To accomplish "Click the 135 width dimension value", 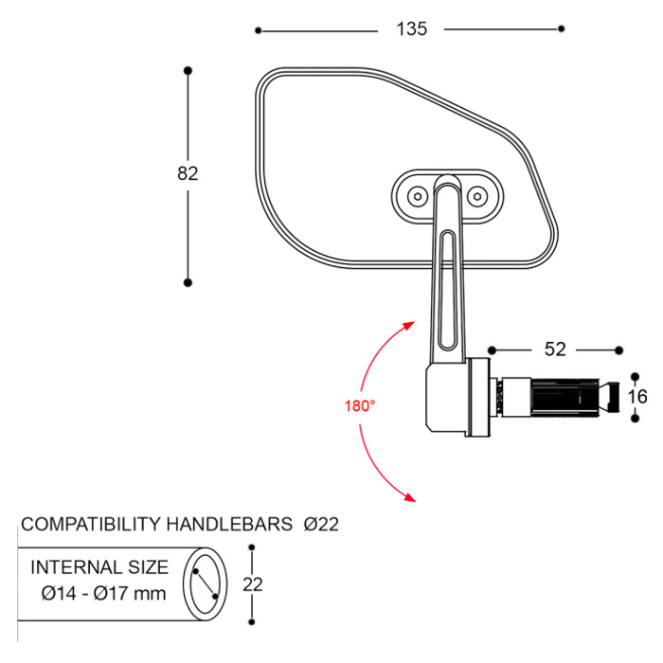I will pos(411,29).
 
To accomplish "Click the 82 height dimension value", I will pos(188,173).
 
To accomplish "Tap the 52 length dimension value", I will pos(555,349).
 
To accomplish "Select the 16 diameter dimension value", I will pos(637,396).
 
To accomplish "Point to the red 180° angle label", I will pos(360,405).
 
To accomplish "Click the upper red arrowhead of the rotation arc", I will pos(409,325).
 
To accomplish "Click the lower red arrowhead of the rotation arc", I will pos(409,495).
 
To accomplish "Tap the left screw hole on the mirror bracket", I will pos(416,195).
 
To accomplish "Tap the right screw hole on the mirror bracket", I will pos(477,195).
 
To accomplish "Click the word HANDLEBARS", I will pos(228,524).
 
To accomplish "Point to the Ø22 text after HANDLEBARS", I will pos(321,524).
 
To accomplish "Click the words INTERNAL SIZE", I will pos(100,568).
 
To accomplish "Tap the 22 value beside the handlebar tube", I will pos(252,584).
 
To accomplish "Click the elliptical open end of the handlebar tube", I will pos(206,584).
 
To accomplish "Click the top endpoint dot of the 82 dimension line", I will pos(188,71).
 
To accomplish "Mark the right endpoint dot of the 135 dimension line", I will pos(562,29).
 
